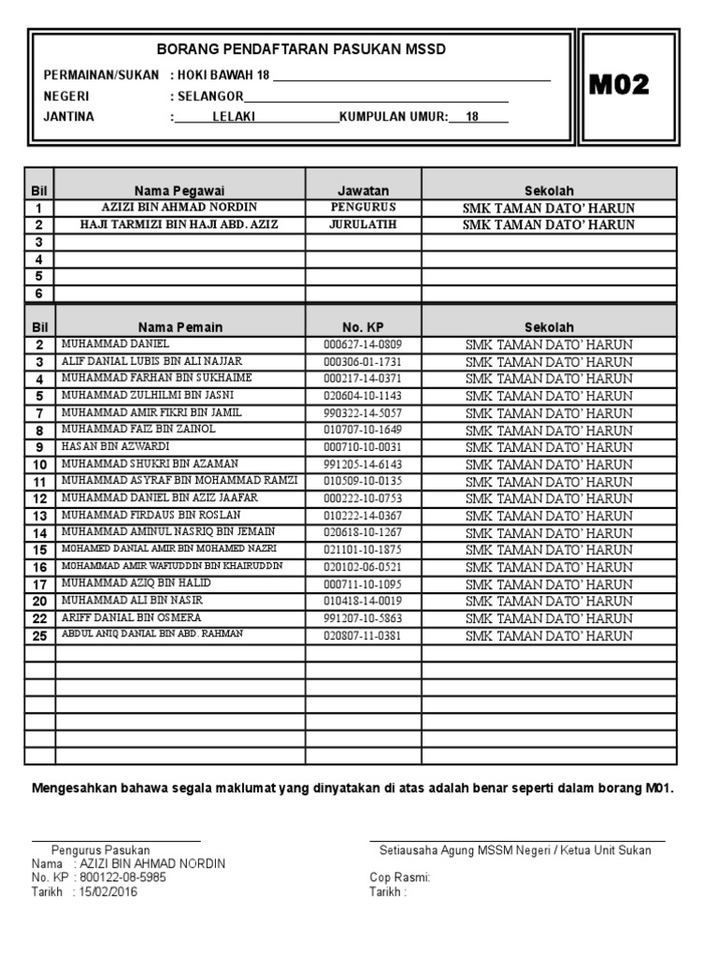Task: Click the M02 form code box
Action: [618, 86]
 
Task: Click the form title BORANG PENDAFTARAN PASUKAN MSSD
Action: [301, 50]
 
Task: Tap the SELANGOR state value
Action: [208, 96]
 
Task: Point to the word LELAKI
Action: [234, 117]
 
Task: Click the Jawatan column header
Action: [363, 190]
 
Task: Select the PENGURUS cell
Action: [363, 207]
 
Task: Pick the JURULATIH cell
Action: [363, 225]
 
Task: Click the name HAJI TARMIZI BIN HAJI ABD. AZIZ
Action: [179, 225]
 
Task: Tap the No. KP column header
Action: [363, 327]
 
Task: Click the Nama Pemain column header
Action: [180, 327]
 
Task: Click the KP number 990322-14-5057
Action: [363, 413]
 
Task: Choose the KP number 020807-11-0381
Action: [363, 635]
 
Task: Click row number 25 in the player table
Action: [40, 636]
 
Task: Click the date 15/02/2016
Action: [108, 892]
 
